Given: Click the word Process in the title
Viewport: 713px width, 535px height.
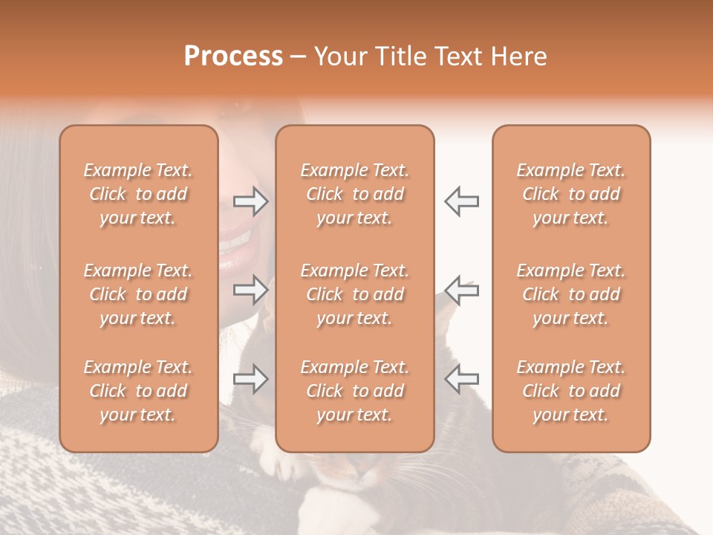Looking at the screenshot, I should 233,56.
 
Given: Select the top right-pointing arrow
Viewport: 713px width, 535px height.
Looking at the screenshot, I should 251,201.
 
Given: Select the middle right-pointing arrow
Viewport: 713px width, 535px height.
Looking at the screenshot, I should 251,290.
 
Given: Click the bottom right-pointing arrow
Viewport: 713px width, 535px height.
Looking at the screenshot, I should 251,380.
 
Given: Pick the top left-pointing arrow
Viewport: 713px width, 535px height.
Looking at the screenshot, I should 462,201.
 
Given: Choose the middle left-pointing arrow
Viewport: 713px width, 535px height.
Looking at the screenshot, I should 462,290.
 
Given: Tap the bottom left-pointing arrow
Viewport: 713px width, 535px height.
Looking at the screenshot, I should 462,380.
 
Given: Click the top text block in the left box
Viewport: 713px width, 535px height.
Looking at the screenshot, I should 138,194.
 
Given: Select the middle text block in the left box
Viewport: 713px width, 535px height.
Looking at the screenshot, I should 138,294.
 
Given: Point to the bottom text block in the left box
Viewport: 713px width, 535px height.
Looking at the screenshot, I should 138,391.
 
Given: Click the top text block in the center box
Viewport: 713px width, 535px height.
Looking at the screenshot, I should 354,194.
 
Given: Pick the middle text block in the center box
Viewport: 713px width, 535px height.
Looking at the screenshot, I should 354,294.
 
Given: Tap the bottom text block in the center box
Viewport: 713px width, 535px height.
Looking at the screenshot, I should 354,391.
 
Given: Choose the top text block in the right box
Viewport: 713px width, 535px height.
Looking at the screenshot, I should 571,194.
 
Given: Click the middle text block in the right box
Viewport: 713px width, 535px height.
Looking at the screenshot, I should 571,294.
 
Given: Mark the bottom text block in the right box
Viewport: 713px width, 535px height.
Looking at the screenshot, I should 571,391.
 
